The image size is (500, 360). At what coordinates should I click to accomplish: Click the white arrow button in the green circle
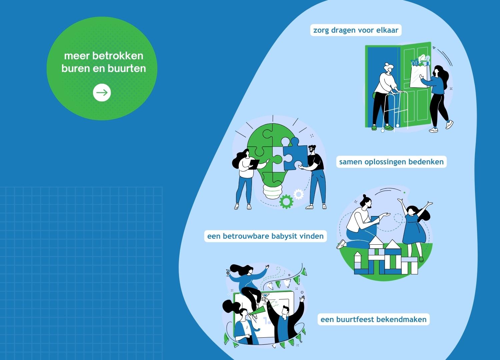pos(102,92)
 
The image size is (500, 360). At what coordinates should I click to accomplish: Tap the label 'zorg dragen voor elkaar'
pos(356,30)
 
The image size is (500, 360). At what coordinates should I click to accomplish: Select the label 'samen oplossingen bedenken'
pos(391,162)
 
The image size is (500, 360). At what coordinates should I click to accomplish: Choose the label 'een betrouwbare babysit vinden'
pos(265,236)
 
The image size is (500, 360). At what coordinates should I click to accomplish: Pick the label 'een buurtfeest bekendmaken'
pos(373,319)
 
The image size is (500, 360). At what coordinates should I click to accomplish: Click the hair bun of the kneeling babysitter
pos(365,196)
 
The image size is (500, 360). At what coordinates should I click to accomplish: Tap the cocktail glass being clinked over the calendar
pos(265,296)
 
